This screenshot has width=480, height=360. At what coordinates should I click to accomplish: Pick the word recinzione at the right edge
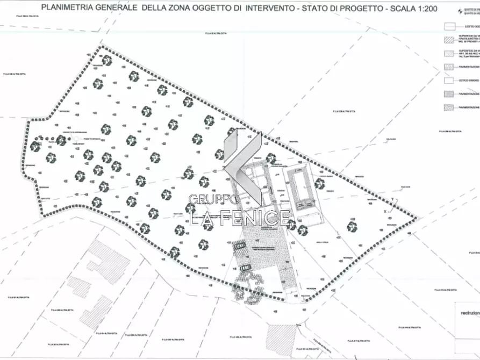pos(469,312)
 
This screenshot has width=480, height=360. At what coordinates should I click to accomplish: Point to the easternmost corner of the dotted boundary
pos(418,219)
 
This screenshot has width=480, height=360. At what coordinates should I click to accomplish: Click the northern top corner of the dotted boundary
pos(100,47)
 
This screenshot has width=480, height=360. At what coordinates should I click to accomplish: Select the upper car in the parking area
pos(240,246)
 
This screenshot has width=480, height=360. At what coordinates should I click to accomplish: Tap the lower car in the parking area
pos(246,267)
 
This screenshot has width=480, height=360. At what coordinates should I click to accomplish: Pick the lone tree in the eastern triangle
pos(353,227)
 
